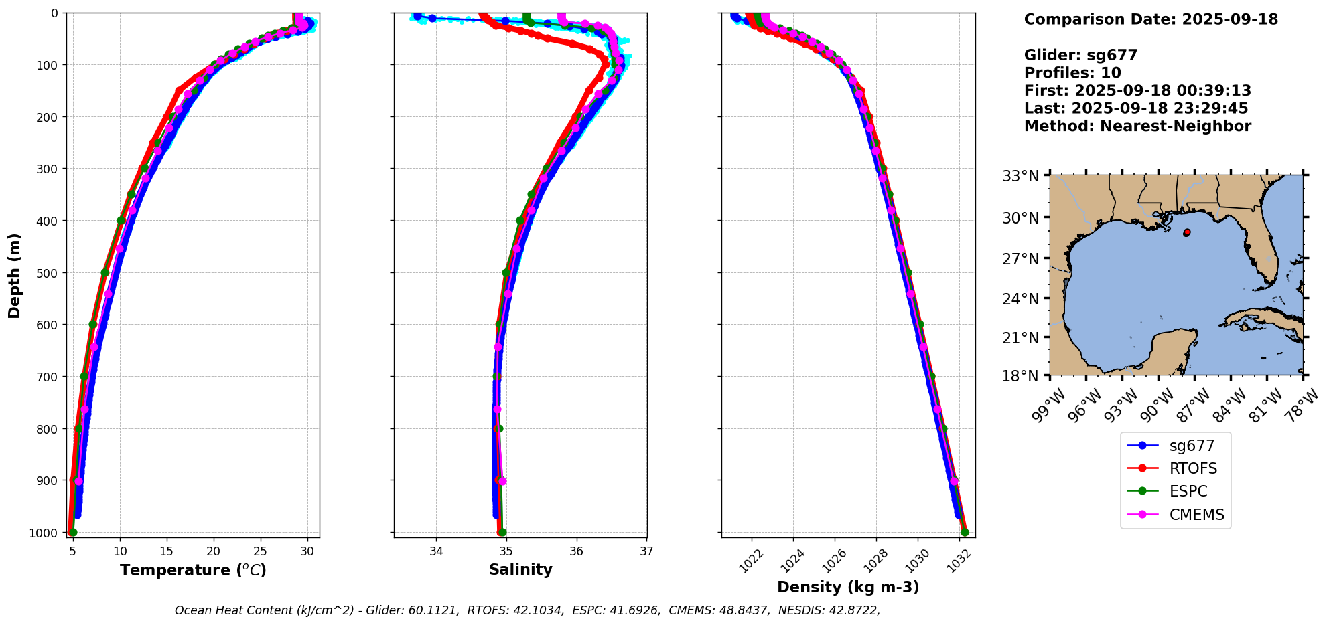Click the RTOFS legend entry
[x=1193, y=468]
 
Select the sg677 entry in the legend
[x=1192, y=446]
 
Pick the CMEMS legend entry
[x=1196, y=515]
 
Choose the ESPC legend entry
[x=1188, y=491]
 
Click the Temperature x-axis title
[x=193, y=570]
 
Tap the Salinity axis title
[x=520, y=570]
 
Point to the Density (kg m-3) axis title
[x=848, y=587]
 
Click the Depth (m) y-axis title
[x=15, y=275]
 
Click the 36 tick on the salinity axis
[x=577, y=551]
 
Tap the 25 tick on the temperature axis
[x=261, y=551]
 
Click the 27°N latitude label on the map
[x=1020, y=258]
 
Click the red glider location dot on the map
[x=1186, y=232]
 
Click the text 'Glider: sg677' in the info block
[x=1080, y=55]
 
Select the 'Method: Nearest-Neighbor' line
[x=1137, y=126]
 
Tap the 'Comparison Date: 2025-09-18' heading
[x=1151, y=19]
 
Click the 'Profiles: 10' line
[x=1072, y=72]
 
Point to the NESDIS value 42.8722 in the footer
[x=851, y=610]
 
